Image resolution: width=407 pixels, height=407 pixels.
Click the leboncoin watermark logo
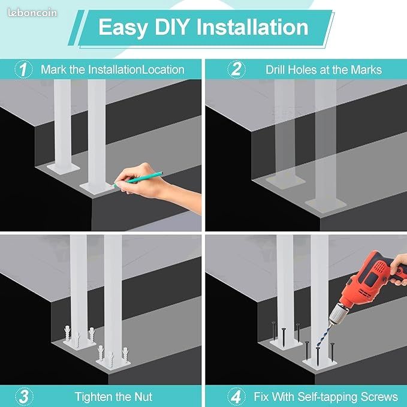pos(32,13)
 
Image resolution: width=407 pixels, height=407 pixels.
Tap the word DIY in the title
pos(171,27)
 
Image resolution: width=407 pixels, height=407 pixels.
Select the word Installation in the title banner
pos(252,27)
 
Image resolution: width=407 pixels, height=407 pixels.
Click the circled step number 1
pos(23,70)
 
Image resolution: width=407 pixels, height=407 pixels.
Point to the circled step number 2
pos(236,70)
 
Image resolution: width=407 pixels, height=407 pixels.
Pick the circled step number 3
pos(24,397)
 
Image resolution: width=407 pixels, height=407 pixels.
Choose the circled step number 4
pos(236,397)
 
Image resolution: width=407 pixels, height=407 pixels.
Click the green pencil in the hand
pos(137,178)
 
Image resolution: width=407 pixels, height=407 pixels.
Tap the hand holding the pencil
pos(156,184)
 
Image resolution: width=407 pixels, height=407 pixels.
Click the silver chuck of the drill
pos(338,313)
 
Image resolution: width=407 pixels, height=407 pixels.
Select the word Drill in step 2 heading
pos(275,70)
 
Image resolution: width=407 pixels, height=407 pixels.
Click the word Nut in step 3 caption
pos(143,397)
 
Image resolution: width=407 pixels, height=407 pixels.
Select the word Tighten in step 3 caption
pos(94,397)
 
